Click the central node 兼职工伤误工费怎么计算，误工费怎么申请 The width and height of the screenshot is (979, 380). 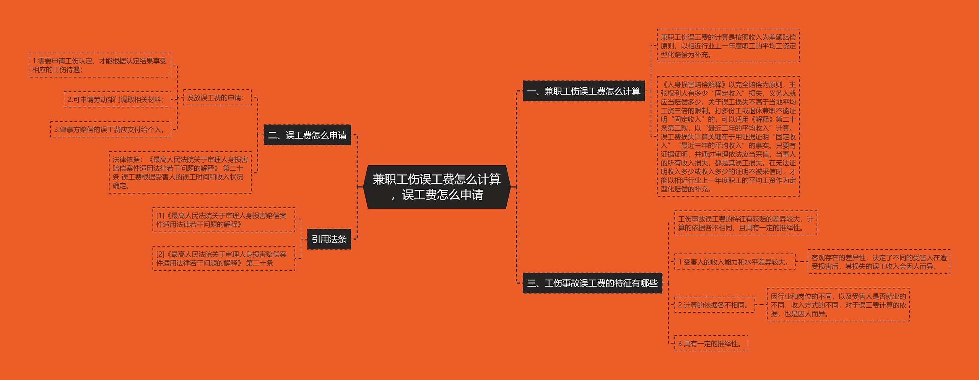(x=437, y=187)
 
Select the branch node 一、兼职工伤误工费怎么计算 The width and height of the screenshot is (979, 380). (x=584, y=91)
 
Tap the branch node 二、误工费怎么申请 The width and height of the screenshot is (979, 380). (x=307, y=135)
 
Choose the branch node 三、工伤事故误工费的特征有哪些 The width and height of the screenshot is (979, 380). (x=592, y=283)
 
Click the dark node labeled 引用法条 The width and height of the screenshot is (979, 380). (x=329, y=239)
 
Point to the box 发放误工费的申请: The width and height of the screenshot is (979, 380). (x=217, y=98)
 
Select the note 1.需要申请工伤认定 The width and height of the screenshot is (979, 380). (x=100, y=65)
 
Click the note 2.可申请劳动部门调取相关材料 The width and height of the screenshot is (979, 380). (x=117, y=99)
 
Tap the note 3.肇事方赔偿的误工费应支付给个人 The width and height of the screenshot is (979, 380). (x=111, y=129)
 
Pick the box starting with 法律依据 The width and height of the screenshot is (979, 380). (x=180, y=172)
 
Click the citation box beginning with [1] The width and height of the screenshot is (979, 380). (x=224, y=220)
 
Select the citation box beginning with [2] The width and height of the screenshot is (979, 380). (x=224, y=259)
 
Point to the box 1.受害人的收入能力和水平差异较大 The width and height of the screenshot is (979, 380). (x=735, y=262)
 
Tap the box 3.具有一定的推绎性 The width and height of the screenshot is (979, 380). (x=711, y=344)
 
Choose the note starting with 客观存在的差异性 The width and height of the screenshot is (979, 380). (x=879, y=262)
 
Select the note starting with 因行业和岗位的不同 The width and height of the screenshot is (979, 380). (x=838, y=305)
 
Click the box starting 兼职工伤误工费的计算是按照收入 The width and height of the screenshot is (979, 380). (x=728, y=46)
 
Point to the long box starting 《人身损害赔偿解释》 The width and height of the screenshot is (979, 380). (x=728, y=137)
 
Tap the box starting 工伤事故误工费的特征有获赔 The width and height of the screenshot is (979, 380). (x=745, y=223)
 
